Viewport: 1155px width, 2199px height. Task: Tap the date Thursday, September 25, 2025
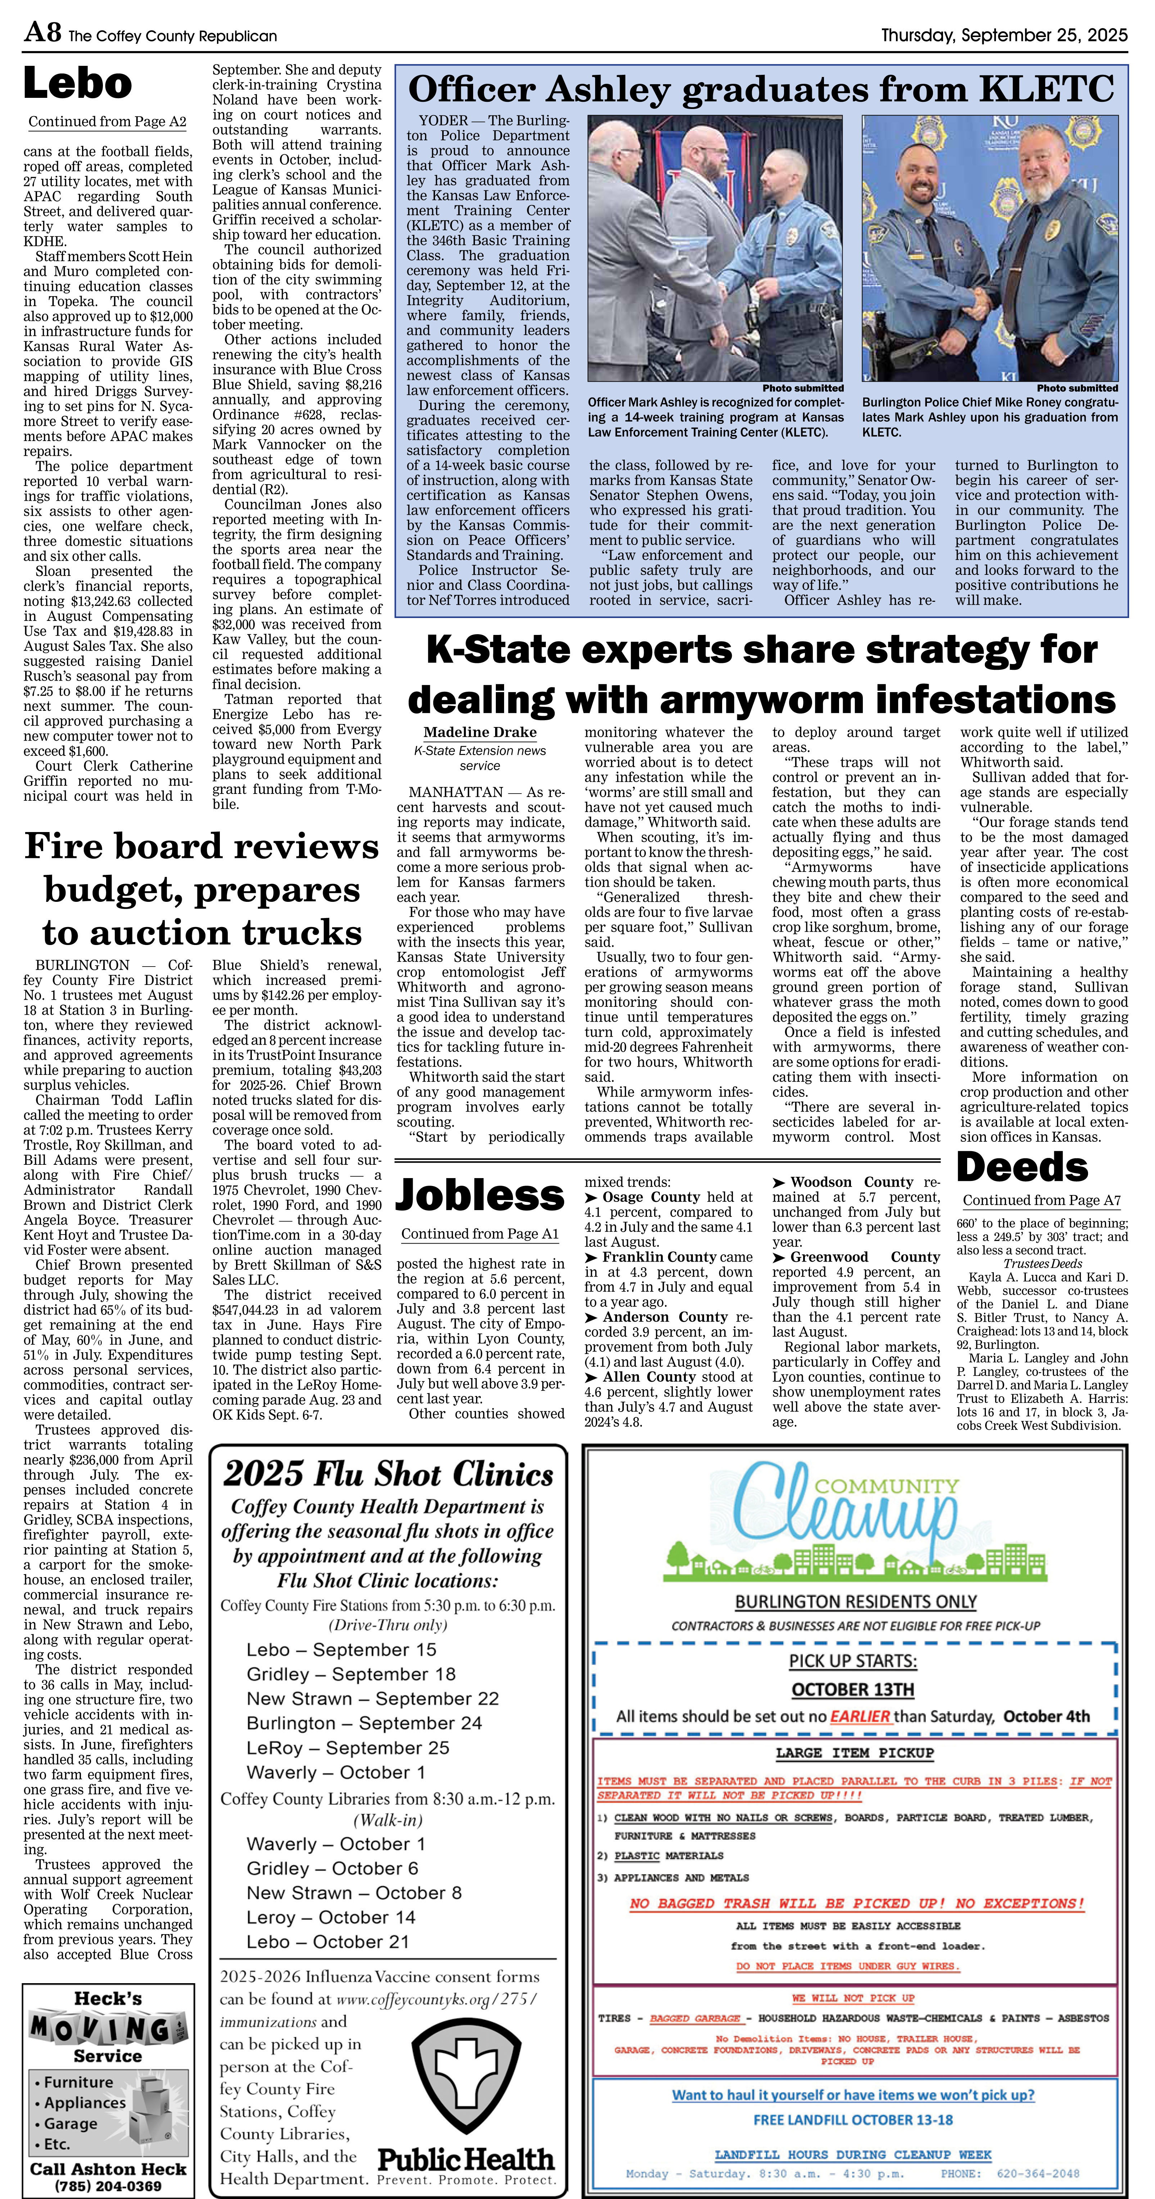click(1004, 35)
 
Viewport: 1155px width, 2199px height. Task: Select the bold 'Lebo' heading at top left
click(78, 84)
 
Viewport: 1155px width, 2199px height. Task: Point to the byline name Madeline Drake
click(480, 732)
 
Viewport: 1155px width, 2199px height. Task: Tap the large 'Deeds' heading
click(1022, 1167)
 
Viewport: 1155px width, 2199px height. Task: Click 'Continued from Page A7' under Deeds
click(1041, 1200)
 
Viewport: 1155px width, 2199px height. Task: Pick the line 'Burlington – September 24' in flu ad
click(364, 1723)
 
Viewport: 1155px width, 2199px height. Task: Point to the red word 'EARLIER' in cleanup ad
click(860, 1716)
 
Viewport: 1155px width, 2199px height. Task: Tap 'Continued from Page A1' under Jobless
click(480, 1233)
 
